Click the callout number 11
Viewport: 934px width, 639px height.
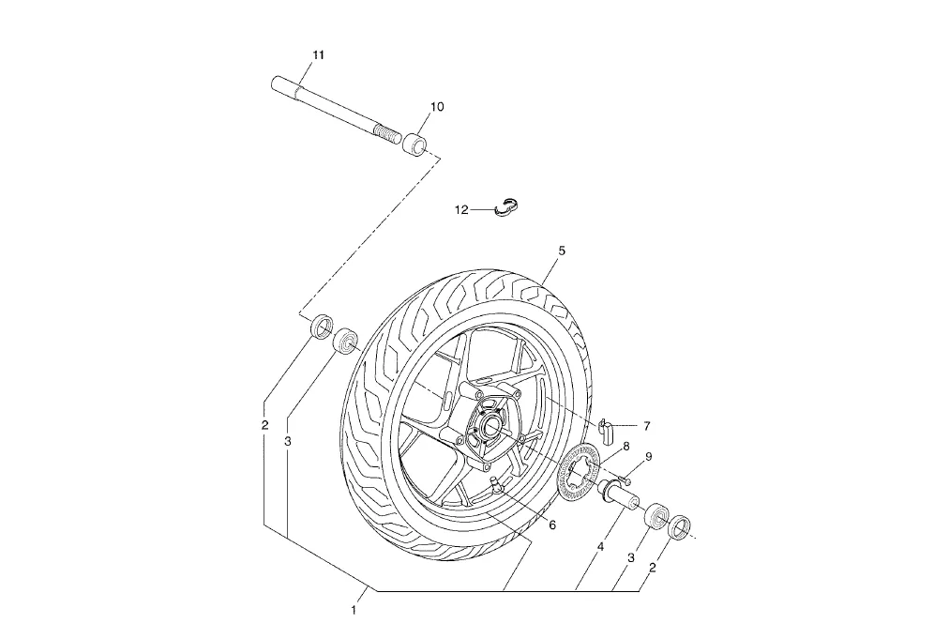319,54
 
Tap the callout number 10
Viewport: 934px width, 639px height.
437,107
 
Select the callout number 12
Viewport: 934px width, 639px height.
461,210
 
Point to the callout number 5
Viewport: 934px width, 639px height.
561,251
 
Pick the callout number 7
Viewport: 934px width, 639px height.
647,426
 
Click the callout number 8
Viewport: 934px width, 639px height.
626,447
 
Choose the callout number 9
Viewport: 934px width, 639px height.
649,457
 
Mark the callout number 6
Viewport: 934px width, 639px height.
552,525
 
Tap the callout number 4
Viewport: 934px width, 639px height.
600,547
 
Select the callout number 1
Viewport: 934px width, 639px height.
354,611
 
